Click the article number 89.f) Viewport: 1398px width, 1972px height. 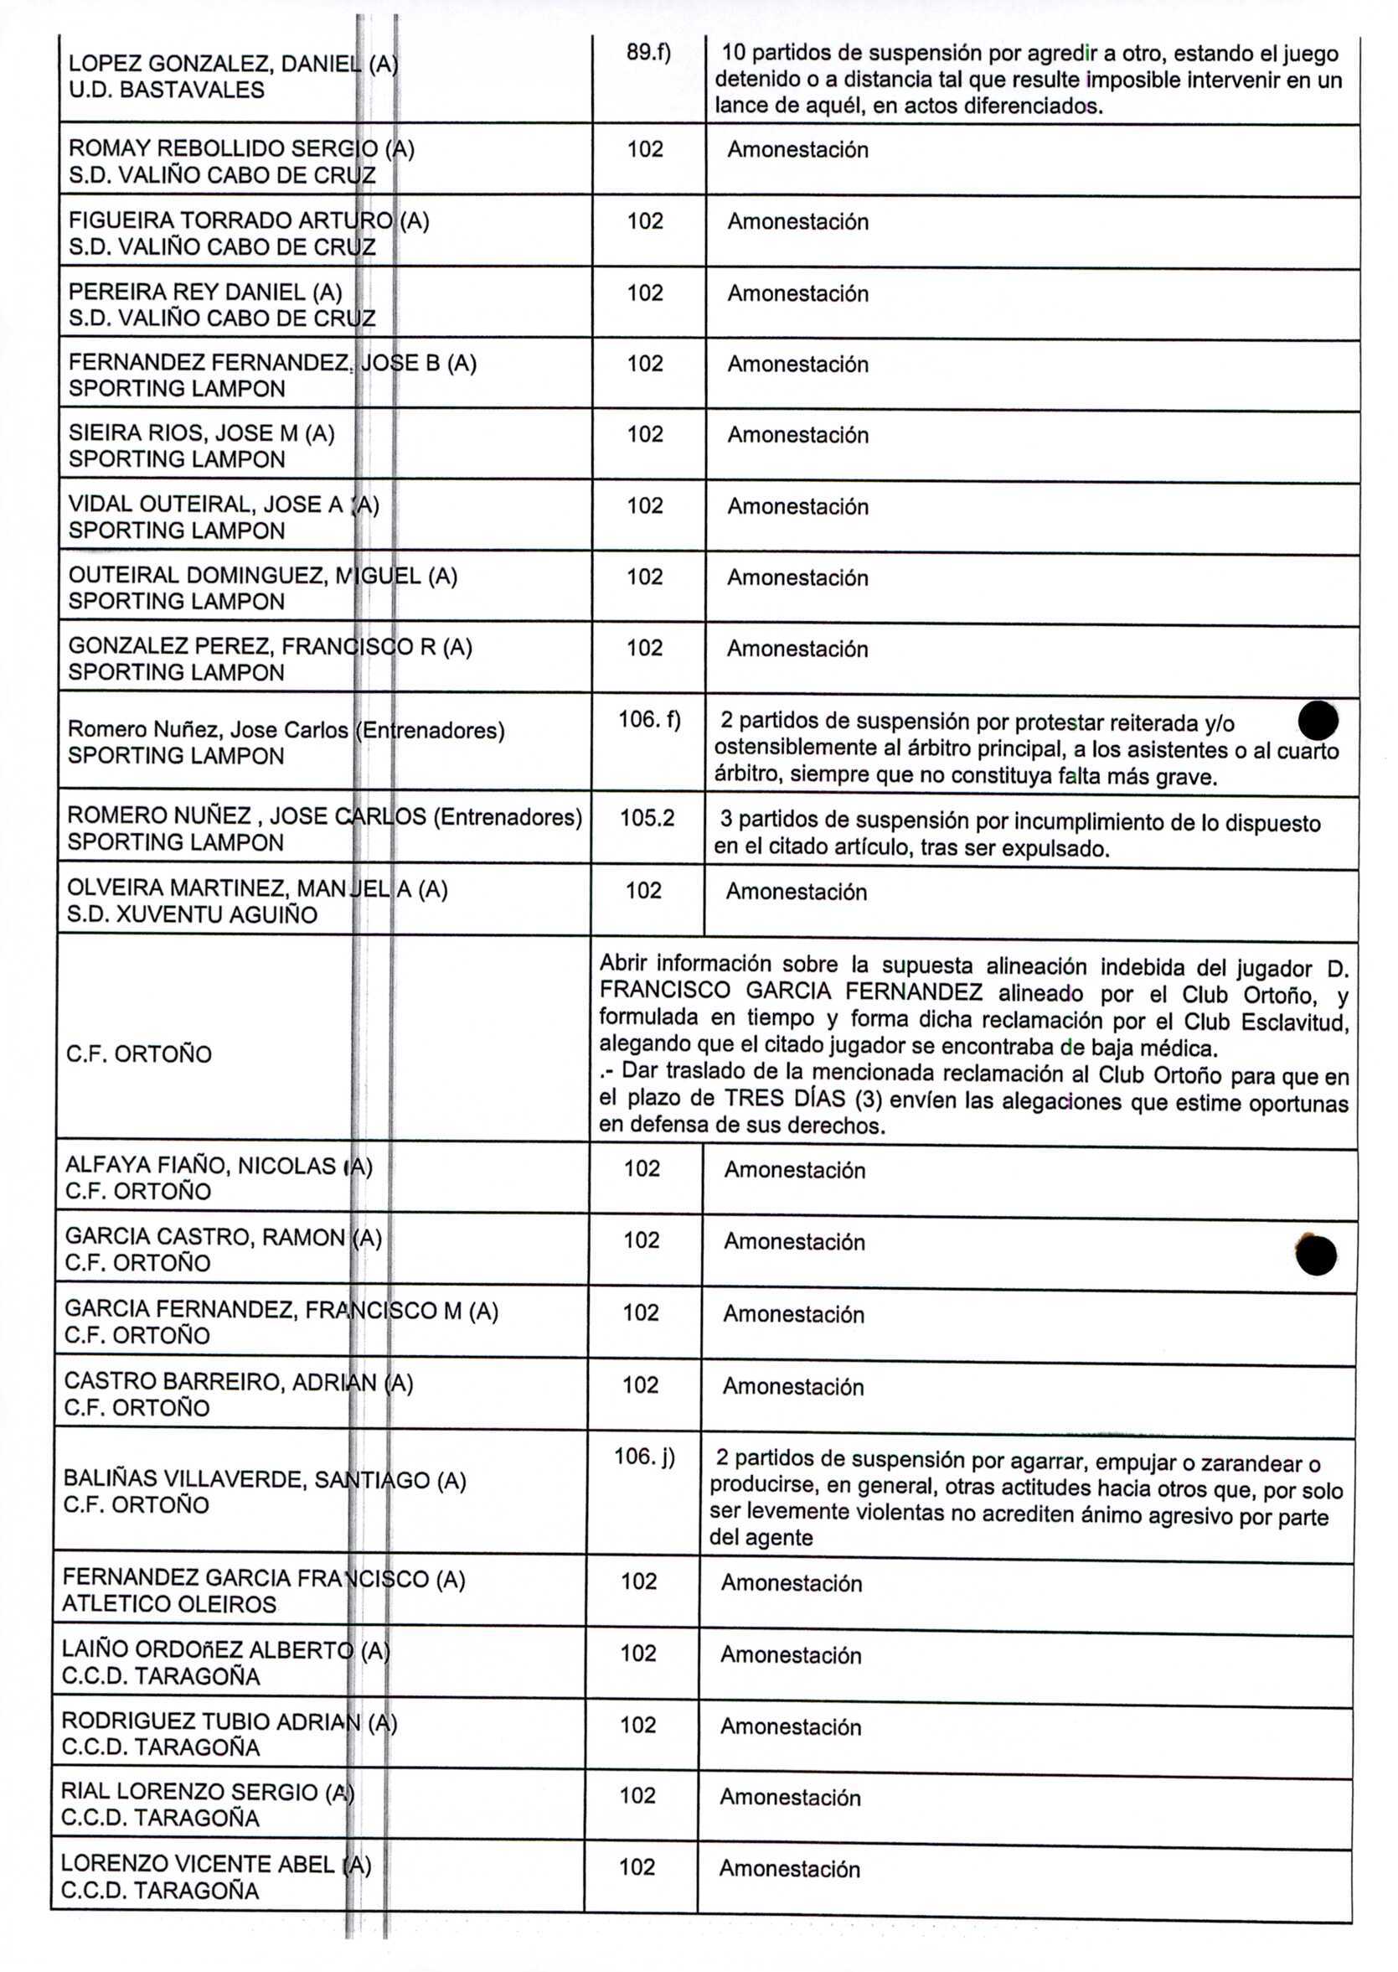tap(647, 54)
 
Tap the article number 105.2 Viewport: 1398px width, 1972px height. tap(647, 818)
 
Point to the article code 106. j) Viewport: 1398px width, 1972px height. tap(644, 1457)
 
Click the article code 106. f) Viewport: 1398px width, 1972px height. tap(649, 719)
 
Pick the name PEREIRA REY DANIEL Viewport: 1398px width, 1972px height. tap(205, 292)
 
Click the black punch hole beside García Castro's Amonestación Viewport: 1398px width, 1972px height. tap(1315, 1255)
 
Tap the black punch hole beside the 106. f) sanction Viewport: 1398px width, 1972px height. tap(1318, 720)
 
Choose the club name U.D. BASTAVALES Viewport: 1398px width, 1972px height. tap(166, 91)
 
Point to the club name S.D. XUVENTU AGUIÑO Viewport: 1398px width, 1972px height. tap(192, 914)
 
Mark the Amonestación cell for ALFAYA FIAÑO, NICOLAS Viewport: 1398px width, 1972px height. tap(794, 1169)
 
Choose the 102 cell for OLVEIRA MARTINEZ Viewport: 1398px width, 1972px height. tap(643, 890)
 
